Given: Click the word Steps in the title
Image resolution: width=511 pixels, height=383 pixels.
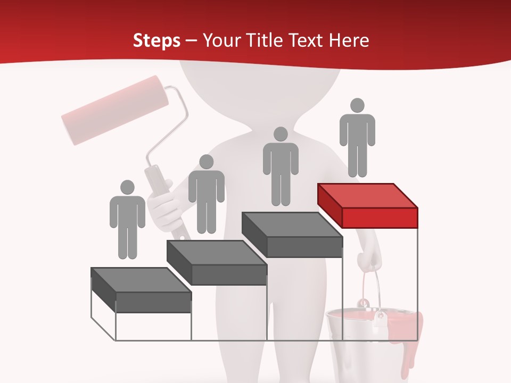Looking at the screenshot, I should pyautogui.click(x=156, y=40).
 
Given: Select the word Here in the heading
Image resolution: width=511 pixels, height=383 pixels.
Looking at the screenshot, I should pyautogui.click(x=348, y=40).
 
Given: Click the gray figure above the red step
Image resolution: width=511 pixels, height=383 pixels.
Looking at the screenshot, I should pyautogui.click(x=357, y=138).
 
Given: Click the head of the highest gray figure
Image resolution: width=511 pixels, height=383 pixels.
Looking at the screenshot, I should pyautogui.click(x=357, y=105).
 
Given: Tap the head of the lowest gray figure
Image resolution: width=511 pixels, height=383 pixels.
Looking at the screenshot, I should pyautogui.click(x=127, y=187).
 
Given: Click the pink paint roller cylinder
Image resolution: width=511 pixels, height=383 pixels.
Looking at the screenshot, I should pyautogui.click(x=115, y=110).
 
